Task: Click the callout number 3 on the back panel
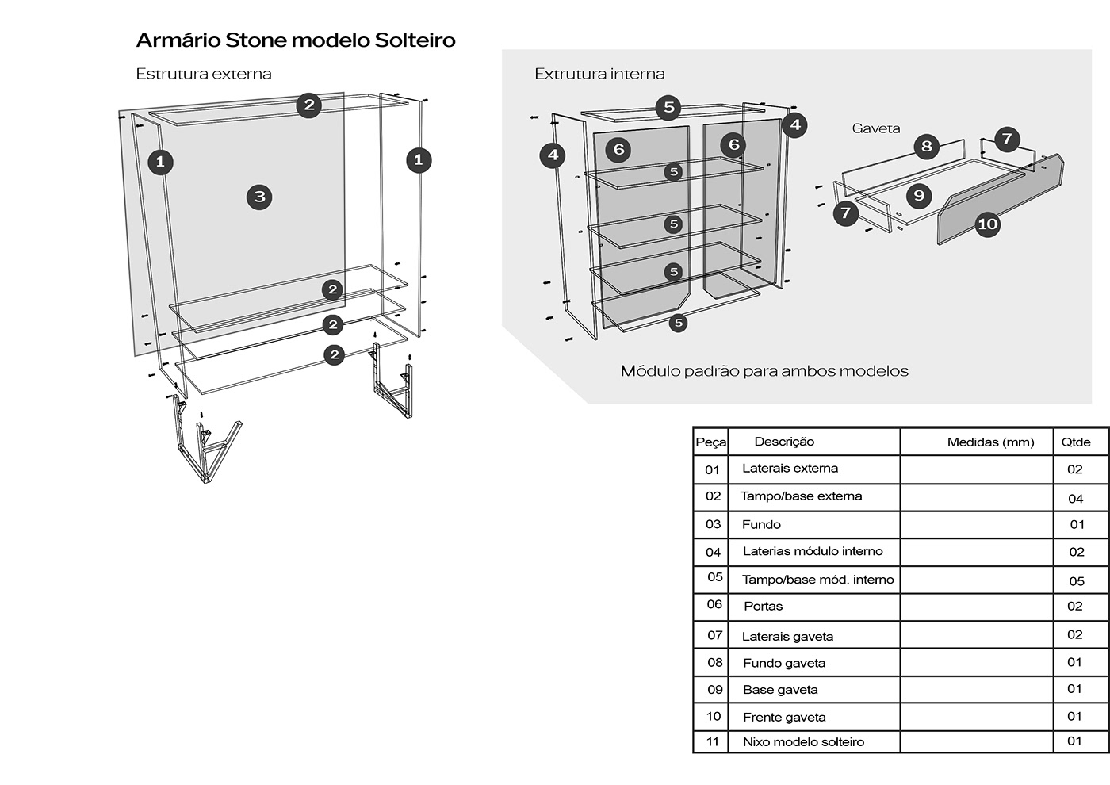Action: (x=259, y=197)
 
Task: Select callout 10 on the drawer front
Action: (x=987, y=224)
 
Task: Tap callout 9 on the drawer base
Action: (x=919, y=195)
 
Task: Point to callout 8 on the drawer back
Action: (x=926, y=146)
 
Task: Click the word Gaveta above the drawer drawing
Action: (x=875, y=128)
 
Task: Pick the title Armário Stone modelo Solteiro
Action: (x=296, y=40)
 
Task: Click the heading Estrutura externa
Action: (x=204, y=74)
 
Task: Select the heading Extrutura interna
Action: (x=599, y=74)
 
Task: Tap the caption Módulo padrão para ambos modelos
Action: (x=764, y=371)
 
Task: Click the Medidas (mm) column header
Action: (x=990, y=442)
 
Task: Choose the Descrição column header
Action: (x=784, y=442)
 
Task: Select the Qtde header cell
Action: (x=1076, y=442)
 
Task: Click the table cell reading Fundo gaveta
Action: (x=784, y=663)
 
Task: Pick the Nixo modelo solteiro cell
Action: (x=803, y=742)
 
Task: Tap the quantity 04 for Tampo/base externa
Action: (x=1076, y=499)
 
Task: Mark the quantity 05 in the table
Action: (x=1077, y=581)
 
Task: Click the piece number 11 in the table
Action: (x=713, y=742)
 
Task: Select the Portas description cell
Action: (x=763, y=607)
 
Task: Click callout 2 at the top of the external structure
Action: (x=308, y=105)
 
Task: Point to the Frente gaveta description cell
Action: (x=784, y=718)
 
